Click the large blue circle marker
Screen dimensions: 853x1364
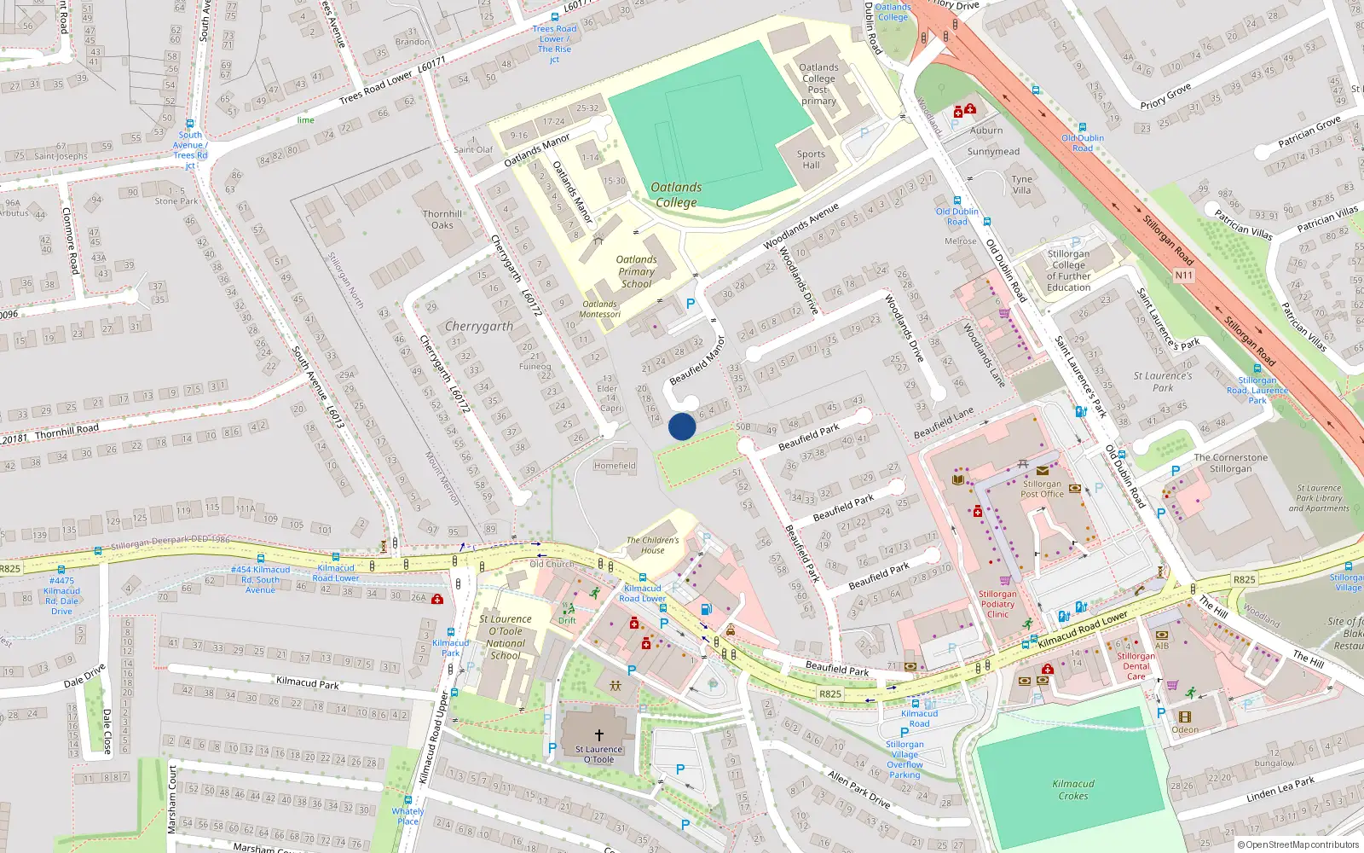(x=682, y=426)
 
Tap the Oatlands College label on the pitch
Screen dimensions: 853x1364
(x=676, y=194)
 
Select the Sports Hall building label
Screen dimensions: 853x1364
(x=811, y=160)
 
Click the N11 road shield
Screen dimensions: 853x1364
(x=1184, y=275)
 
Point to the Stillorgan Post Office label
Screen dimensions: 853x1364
(x=1042, y=489)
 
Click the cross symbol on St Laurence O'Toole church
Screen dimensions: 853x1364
(x=599, y=735)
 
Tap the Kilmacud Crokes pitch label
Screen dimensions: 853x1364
(x=1073, y=789)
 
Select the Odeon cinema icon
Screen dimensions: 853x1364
(x=1184, y=717)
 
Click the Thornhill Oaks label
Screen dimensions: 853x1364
(x=442, y=219)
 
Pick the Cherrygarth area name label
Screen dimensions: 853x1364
(x=479, y=326)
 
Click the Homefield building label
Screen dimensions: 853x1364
(x=615, y=466)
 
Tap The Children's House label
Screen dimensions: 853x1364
(x=653, y=545)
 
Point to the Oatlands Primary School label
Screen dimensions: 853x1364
(x=637, y=271)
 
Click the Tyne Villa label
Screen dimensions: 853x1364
(x=1021, y=184)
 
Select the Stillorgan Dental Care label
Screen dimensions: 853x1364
(x=1136, y=666)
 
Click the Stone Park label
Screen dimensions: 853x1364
(x=176, y=201)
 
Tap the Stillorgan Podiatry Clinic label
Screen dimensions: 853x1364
(x=997, y=604)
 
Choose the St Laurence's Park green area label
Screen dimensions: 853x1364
(x=1163, y=381)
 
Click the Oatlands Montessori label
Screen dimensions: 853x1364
(x=600, y=309)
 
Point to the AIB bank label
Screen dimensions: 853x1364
(x=1162, y=646)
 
